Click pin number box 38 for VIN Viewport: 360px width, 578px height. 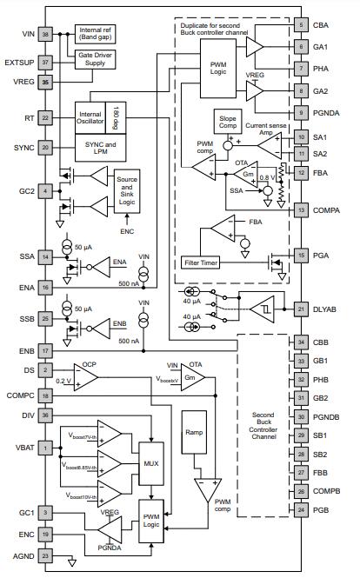45,34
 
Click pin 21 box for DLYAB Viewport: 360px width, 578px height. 300,309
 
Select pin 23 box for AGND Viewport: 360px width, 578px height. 45,554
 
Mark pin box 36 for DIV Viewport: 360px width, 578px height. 45,415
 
